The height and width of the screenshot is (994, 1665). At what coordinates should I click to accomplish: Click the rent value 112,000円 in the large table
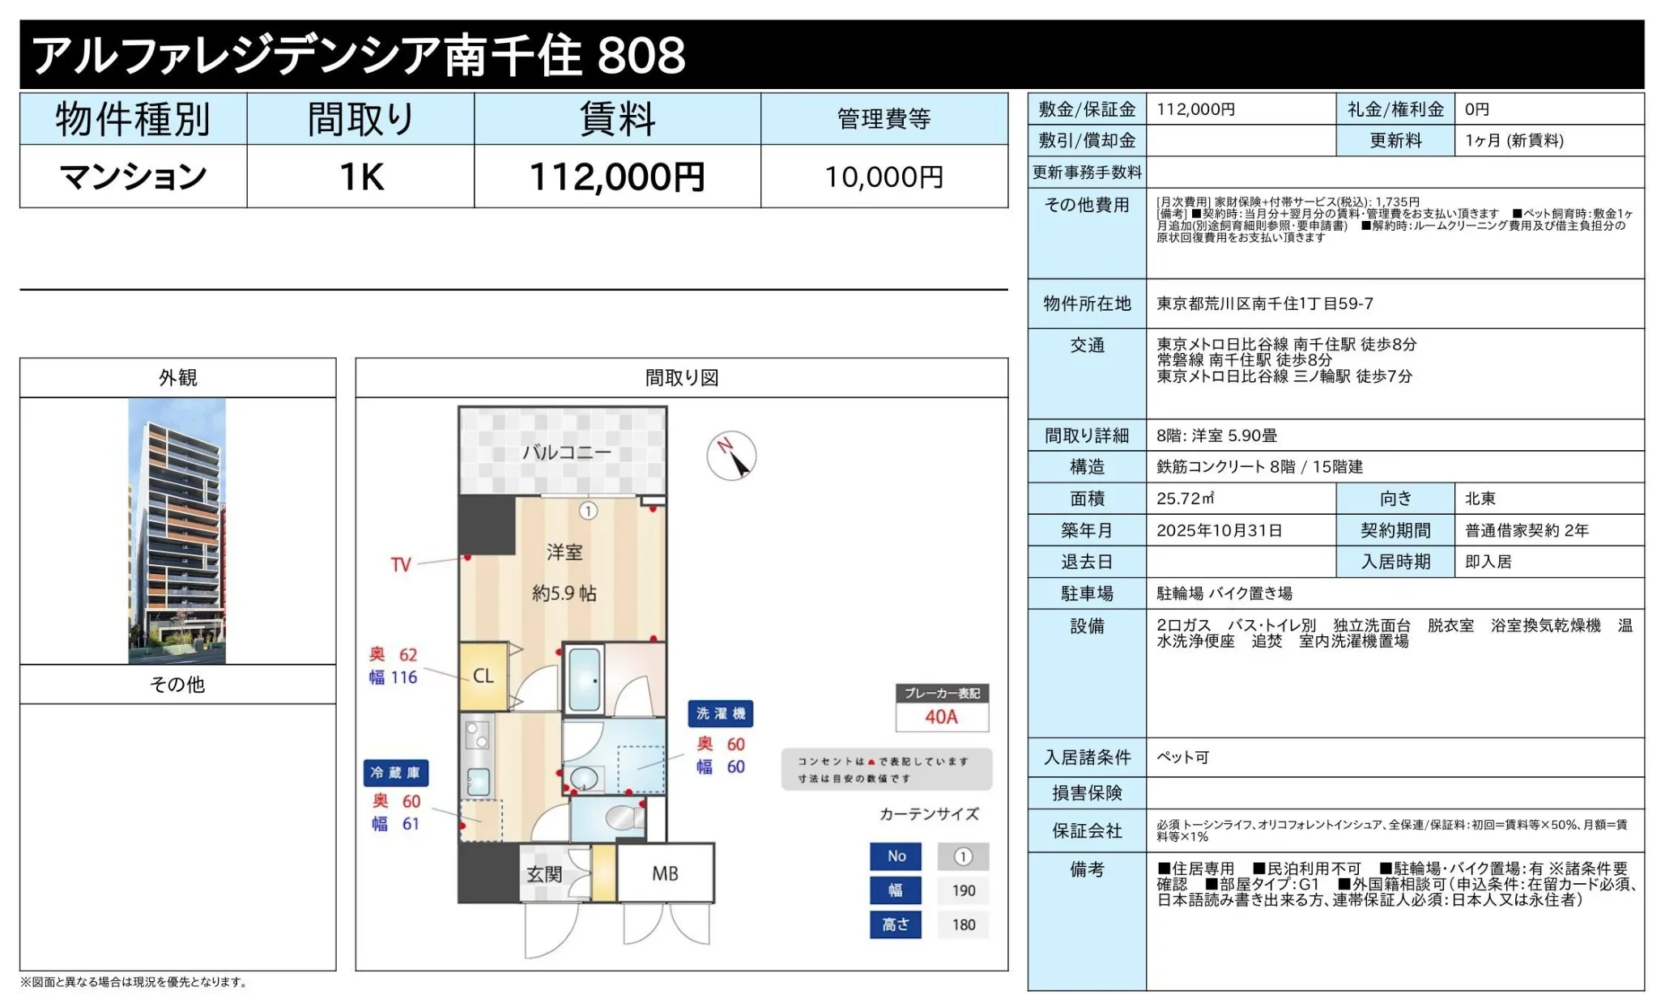click(616, 176)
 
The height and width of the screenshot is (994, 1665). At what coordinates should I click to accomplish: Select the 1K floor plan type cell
click(360, 176)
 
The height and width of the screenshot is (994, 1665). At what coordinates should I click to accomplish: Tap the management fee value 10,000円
click(884, 176)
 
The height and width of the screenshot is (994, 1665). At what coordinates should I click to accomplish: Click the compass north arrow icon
click(731, 456)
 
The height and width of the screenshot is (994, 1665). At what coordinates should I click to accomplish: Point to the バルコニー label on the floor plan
click(566, 452)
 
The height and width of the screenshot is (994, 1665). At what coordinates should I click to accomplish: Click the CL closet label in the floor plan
click(483, 676)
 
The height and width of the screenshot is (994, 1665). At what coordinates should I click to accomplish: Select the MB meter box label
click(665, 873)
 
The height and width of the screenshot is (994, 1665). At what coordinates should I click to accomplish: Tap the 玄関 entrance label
click(544, 874)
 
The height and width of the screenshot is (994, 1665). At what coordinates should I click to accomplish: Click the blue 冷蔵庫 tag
click(395, 773)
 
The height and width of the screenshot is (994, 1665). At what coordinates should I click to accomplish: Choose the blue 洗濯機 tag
click(720, 713)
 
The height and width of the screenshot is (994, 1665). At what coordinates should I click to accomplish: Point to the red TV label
click(401, 564)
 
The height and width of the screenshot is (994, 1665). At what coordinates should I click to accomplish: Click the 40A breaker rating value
click(941, 717)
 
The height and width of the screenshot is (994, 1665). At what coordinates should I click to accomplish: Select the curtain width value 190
click(963, 890)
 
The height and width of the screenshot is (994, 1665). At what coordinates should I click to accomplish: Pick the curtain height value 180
click(963, 924)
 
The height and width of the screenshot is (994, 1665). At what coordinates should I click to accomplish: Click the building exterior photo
click(177, 530)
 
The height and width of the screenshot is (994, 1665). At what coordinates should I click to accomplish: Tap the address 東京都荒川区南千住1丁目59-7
click(1264, 304)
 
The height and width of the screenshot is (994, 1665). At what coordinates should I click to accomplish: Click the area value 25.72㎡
click(1185, 499)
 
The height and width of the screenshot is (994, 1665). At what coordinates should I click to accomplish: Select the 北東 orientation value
click(1480, 499)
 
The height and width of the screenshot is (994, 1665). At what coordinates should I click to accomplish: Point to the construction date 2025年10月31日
click(1219, 530)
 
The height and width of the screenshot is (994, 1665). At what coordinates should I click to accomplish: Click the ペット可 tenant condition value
click(1182, 758)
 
